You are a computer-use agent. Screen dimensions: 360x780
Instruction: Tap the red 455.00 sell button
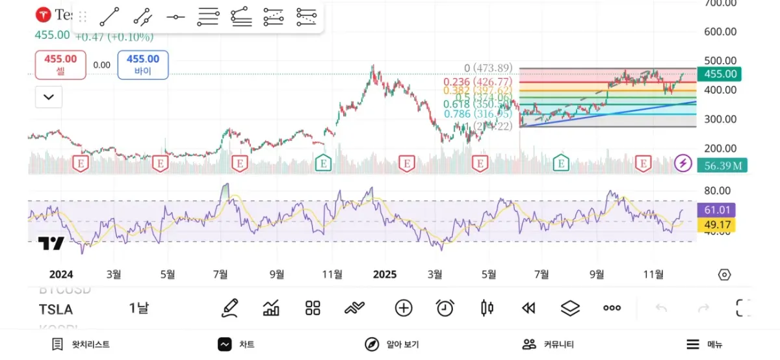coord(60,65)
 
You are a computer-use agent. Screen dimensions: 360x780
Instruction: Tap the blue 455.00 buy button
coord(143,65)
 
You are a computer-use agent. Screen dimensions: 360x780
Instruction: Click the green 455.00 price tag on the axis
coord(720,74)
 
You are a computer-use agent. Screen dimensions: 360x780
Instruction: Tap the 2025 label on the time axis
coord(385,274)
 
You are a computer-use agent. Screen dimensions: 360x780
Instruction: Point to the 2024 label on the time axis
coord(61,274)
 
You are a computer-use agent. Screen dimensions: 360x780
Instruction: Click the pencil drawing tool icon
coord(229,308)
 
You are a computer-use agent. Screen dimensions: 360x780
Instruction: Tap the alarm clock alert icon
coord(445,308)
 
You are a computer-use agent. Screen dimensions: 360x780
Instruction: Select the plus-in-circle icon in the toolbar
coord(404,308)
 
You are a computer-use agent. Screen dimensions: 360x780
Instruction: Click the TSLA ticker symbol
coord(56,309)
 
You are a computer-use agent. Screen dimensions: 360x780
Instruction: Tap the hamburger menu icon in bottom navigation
coord(694,344)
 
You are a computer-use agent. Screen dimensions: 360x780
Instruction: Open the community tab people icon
coord(530,344)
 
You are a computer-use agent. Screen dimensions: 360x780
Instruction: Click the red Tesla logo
coord(44,14)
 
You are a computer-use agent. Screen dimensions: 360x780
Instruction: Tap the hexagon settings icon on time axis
coord(724,274)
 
